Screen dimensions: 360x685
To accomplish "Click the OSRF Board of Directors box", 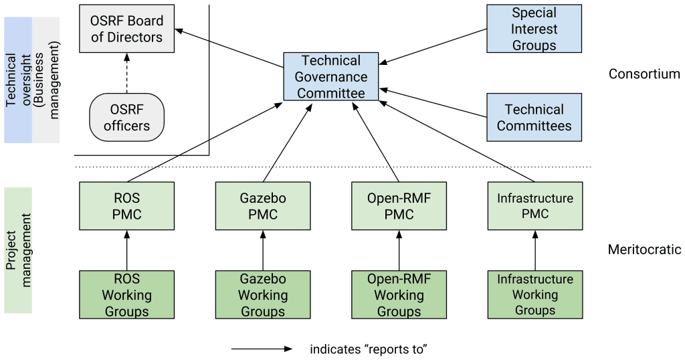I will [126, 29].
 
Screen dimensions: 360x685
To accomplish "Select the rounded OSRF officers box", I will [126, 117].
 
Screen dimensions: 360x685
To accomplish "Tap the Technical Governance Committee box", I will [331, 77].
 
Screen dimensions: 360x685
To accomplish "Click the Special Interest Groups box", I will [534, 29].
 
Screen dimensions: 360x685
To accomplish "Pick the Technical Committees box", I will [534, 117].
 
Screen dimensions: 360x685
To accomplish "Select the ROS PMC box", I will [126, 206].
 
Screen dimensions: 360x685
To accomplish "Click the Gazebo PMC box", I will [263, 206].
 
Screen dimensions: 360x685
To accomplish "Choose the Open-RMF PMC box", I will [399, 206].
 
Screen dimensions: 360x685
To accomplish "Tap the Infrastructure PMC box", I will [534, 206].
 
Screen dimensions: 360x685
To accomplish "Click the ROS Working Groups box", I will [126, 294].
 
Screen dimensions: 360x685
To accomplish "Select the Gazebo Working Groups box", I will [263, 294].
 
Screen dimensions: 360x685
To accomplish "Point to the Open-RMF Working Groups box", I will [399, 294].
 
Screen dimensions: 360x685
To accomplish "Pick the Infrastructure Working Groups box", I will [534, 294].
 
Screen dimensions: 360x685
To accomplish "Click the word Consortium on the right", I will [644, 74].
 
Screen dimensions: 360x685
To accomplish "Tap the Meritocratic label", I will [644, 250].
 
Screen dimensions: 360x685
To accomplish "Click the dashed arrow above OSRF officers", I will [126, 74].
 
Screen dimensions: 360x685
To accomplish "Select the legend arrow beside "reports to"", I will [262, 349].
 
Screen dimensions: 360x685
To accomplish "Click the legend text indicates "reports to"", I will [369, 349].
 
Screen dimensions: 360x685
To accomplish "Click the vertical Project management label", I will [18, 250].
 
